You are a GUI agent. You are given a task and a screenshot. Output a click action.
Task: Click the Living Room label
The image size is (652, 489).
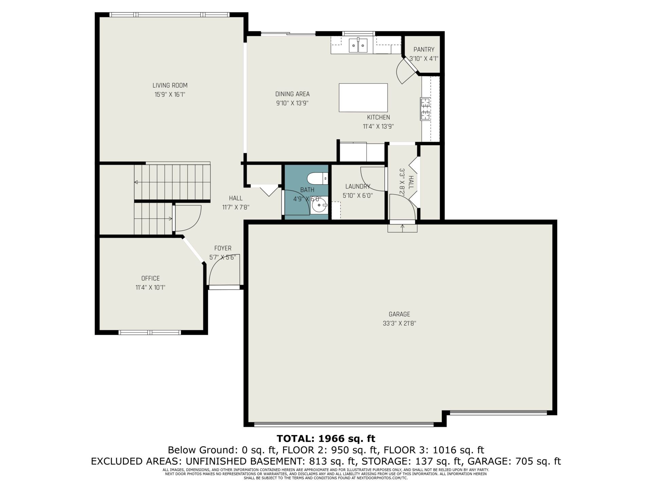click(170, 86)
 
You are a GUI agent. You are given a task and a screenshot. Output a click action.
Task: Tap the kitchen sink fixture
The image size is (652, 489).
click(358, 46)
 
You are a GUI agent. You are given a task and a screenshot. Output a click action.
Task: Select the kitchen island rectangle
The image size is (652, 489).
click(363, 98)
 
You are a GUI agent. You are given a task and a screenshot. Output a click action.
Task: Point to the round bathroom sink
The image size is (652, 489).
click(319, 205)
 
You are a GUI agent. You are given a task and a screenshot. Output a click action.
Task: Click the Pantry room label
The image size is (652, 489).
click(424, 50)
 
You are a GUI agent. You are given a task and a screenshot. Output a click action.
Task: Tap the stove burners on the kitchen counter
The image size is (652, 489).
click(425, 109)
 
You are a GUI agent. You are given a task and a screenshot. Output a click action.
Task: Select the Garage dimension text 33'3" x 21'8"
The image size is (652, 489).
click(399, 323)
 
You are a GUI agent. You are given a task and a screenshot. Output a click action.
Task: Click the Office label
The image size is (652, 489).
click(150, 278)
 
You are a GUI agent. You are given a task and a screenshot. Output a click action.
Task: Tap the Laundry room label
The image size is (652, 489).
click(358, 186)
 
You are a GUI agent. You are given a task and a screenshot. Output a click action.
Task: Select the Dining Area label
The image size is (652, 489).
click(292, 94)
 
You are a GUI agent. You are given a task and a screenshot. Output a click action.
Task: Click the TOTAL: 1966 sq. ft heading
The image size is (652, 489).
click(326, 438)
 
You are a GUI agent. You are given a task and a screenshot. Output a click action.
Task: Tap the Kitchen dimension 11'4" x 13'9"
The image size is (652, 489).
click(378, 126)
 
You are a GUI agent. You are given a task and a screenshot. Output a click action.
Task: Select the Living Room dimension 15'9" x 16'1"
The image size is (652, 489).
click(170, 94)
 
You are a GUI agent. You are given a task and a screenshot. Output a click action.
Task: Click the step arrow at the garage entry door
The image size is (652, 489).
click(403, 228)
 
